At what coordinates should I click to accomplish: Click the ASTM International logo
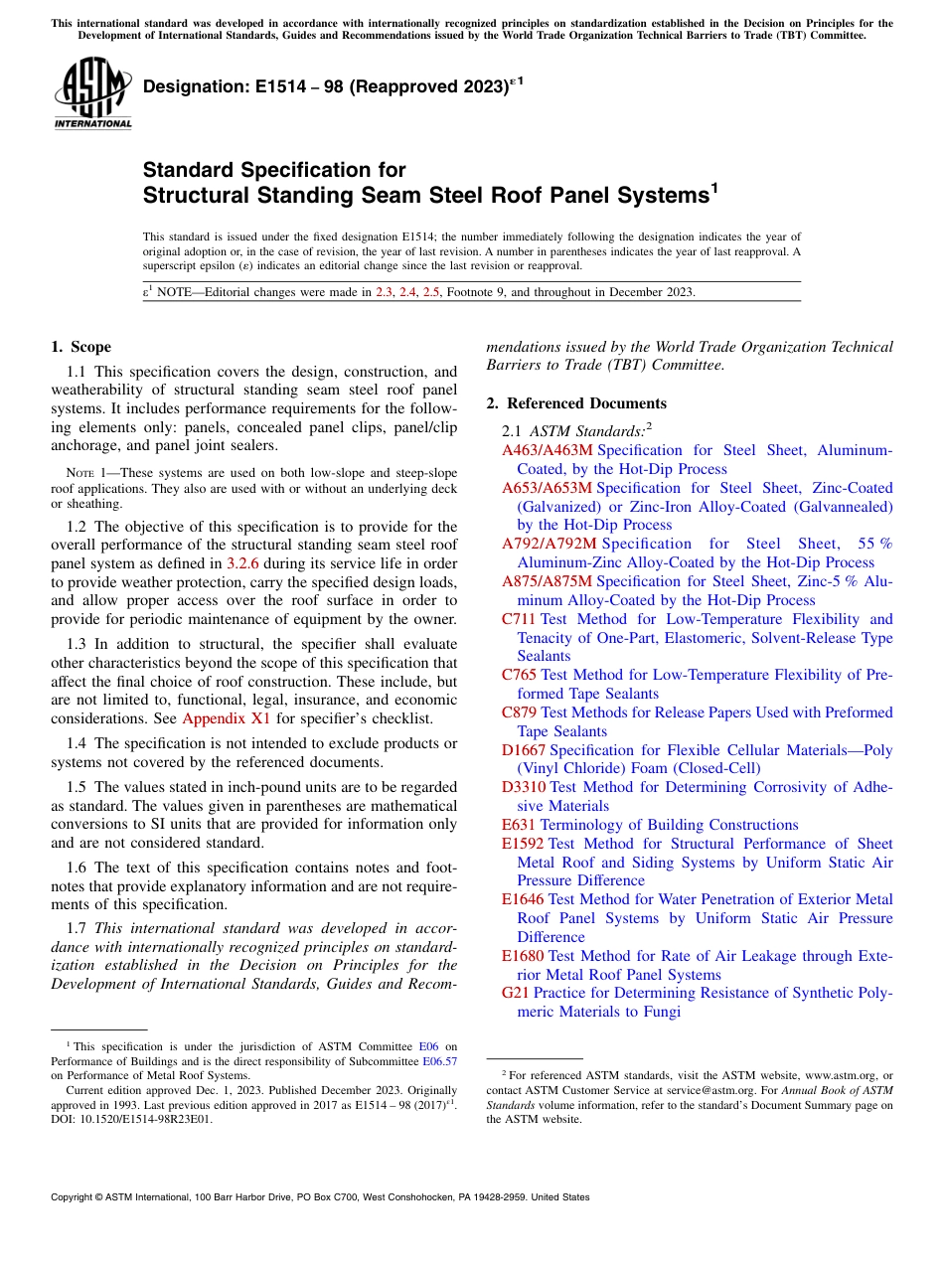93,94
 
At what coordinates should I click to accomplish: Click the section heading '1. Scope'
80,347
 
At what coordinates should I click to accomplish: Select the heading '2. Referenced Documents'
576,403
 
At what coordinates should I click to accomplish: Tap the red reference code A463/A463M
547,450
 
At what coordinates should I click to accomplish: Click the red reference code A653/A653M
547,488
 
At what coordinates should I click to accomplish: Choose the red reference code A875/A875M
547,581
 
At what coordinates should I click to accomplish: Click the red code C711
519,619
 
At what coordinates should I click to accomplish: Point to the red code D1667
524,749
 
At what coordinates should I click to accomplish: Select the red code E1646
523,899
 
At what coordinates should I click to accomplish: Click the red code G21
516,993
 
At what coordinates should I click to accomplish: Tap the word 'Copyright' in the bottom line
74,1197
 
